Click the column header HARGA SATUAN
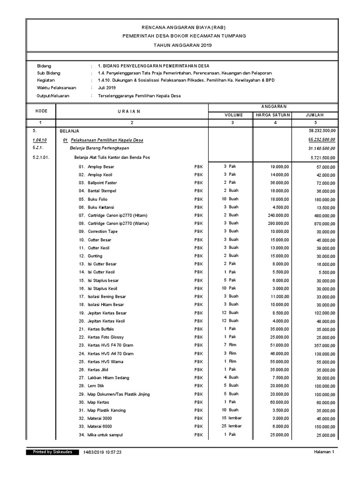pyautogui.click(x=272, y=114)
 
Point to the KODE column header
pyautogui.click(x=41, y=111)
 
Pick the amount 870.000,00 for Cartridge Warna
pyautogui.click(x=325, y=224)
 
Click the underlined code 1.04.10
pyautogui.click(x=40, y=140)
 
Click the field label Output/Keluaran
pyautogui.click(x=53, y=96)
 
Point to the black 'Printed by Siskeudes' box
pyautogui.click(x=52, y=452)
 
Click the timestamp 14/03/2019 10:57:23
pyautogui.click(x=102, y=453)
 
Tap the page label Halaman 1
pyautogui.click(x=324, y=452)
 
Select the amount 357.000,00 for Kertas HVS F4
pyautogui.click(x=324, y=345)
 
